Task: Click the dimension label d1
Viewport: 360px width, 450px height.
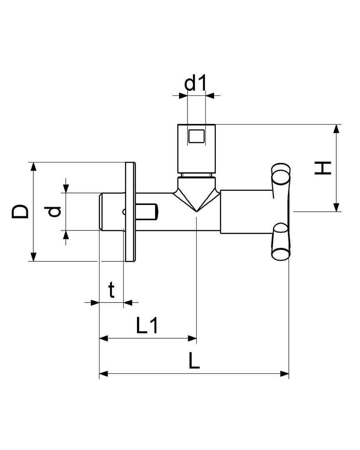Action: pos(196,83)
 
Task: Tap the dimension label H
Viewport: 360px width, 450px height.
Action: pos(322,168)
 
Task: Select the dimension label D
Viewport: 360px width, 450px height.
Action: pos(20,211)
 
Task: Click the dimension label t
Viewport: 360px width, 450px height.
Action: pos(111,290)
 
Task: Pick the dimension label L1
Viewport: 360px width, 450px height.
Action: pos(147,326)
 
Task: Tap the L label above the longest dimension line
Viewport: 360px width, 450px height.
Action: pos(194,361)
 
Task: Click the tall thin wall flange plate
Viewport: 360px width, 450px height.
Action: pos(130,212)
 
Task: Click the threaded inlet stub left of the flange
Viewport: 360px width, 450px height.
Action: pos(110,211)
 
